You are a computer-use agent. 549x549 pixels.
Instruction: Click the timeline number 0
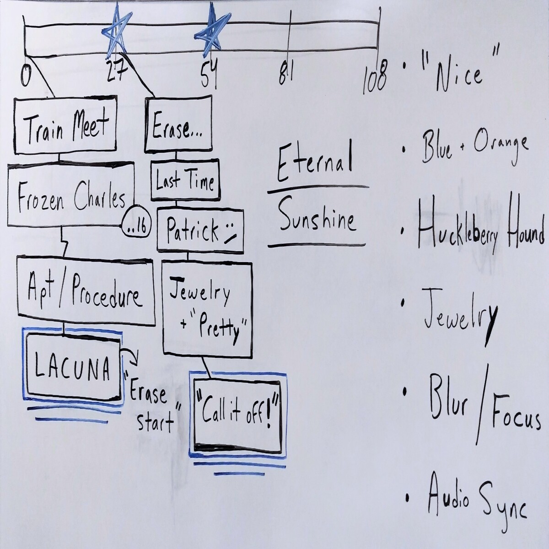pyautogui.click(x=25, y=75)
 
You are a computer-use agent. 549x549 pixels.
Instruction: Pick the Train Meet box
pyautogui.click(x=65, y=125)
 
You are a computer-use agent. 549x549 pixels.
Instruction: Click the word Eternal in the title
pyautogui.click(x=314, y=164)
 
